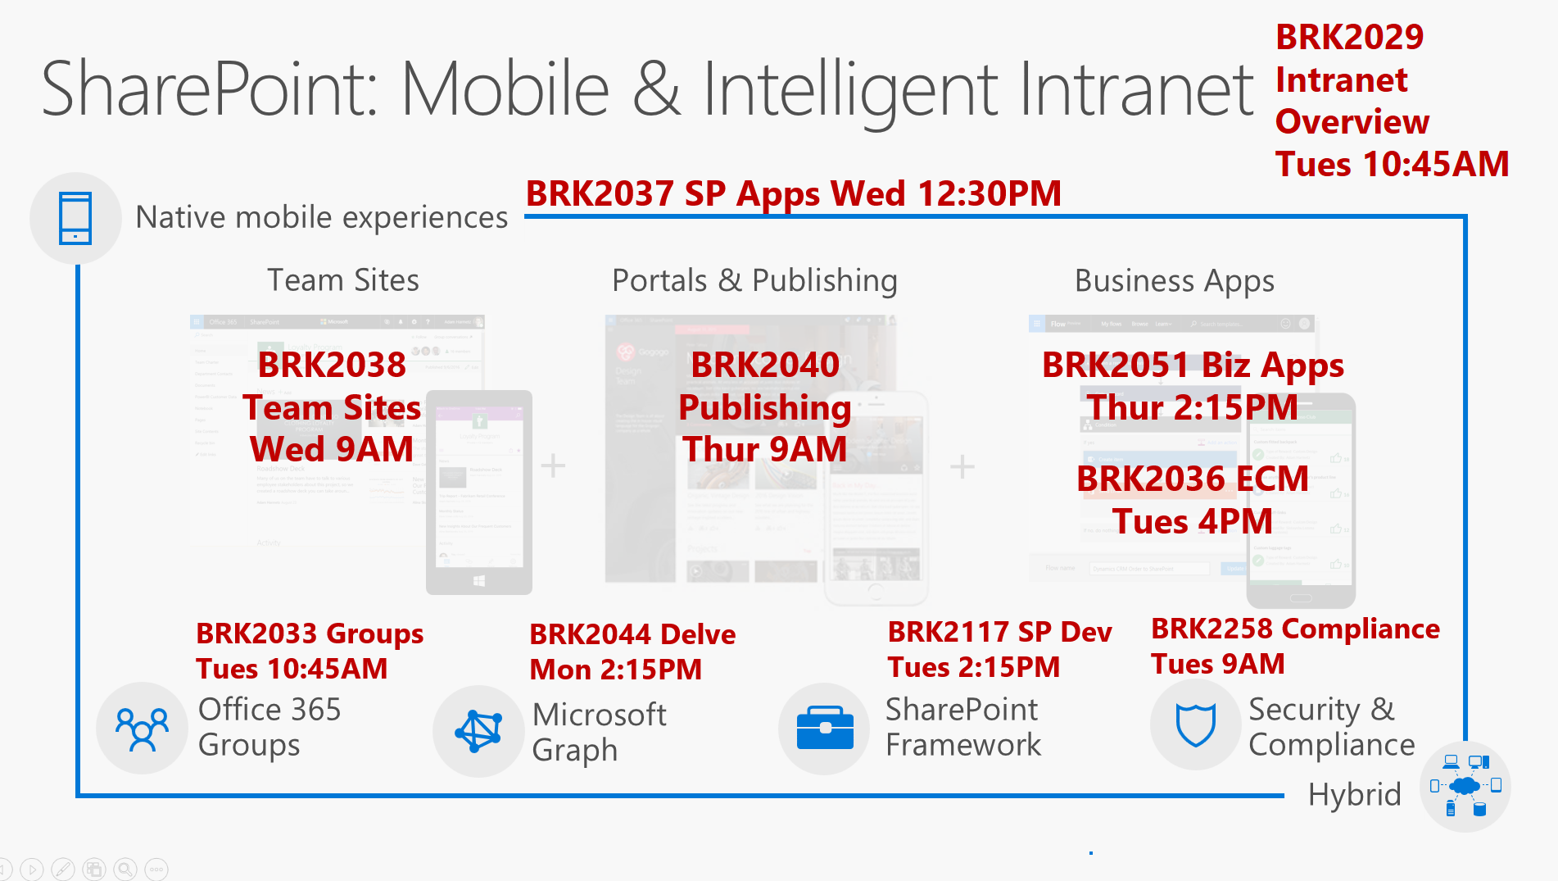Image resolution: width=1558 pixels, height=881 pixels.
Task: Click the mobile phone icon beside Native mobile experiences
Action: (x=75, y=218)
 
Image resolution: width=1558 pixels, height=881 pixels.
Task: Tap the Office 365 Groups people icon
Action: (x=142, y=729)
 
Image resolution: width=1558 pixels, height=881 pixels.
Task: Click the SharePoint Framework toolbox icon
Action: (x=825, y=728)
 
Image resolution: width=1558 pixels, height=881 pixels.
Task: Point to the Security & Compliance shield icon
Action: (x=1195, y=724)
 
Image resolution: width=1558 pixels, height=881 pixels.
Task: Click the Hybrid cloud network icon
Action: (x=1465, y=787)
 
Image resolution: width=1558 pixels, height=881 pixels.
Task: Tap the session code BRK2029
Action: (x=1349, y=38)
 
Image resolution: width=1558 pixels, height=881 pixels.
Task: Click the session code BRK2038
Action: (x=332, y=365)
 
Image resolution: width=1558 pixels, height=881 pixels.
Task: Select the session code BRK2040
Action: (x=765, y=365)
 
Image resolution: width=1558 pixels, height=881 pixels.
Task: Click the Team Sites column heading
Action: (x=343, y=280)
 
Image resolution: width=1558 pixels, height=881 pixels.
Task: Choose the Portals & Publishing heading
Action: (x=754, y=280)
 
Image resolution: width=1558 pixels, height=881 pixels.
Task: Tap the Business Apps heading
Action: (x=1175, y=281)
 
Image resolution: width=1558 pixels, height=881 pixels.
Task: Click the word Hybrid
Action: (x=1354, y=795)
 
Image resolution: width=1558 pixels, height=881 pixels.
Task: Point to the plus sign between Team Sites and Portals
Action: (x=553, y=465)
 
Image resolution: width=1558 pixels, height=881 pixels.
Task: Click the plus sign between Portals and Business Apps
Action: (x=962, y=467)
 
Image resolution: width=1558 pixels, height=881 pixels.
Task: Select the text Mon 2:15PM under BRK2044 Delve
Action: (x=615, y=670)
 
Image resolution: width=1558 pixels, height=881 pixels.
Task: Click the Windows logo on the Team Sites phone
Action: (x=479, y=581)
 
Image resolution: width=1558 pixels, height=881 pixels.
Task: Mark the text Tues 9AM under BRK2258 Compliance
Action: (x=1217, y=664)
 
